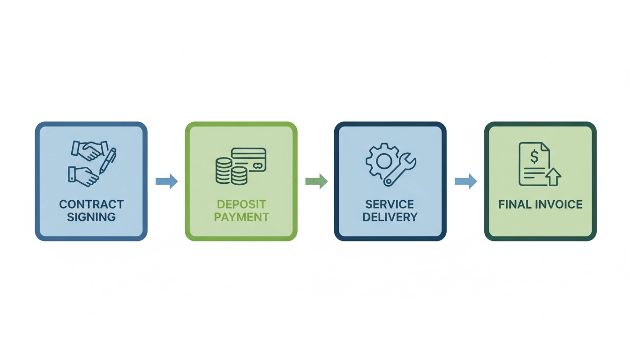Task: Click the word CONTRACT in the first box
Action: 91,204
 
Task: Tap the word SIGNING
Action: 91,217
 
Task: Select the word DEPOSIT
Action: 241,204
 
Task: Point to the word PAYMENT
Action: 241,217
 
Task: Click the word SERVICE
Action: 390,204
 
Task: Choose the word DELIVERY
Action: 390,217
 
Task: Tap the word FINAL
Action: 512,204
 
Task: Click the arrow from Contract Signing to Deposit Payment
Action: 166,181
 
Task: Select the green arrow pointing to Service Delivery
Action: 316,181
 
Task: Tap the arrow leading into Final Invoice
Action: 466,181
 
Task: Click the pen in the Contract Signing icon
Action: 108,161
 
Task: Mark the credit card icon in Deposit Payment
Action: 249,159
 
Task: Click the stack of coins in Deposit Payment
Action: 225,171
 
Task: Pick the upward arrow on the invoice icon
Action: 553,177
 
